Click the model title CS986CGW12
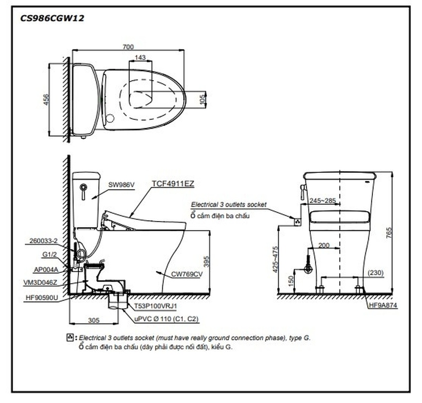coord(52,18)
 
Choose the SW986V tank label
coord(122,184)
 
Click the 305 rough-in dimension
coord(88,321)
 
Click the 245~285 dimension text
coord(322,201)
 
